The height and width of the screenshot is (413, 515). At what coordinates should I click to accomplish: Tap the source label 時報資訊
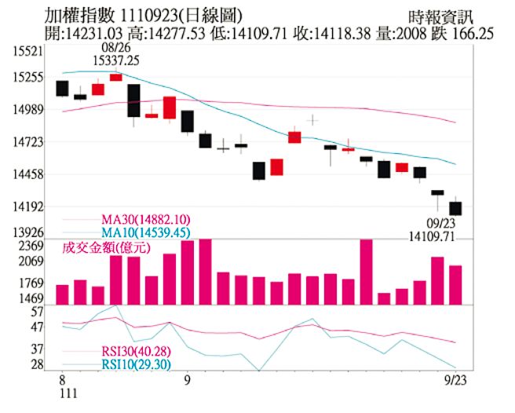click(441, 16)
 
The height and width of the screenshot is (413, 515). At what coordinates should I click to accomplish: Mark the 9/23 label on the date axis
click(451, 379)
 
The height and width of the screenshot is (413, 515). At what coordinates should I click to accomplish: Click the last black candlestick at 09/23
click(455, 208)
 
